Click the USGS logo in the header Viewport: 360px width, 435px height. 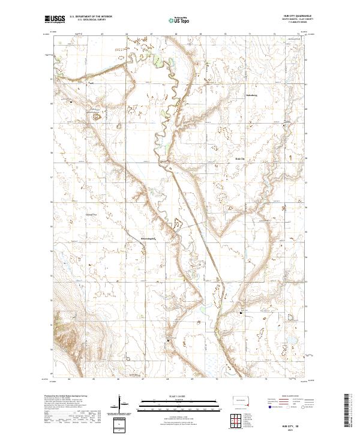(x=55, y=19)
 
